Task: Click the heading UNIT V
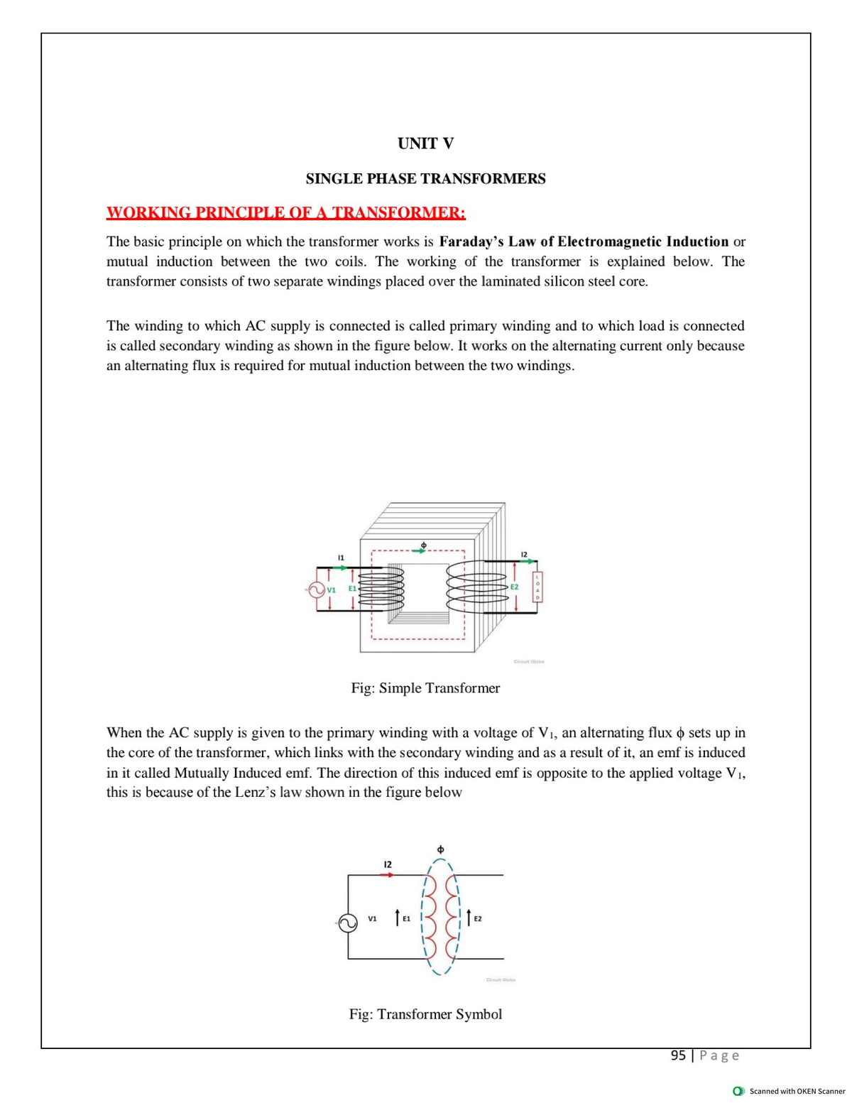(x=425, y=143)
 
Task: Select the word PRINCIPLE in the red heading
(x=241, y=212)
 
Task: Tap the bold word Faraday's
(x=471, y=241)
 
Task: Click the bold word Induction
(x=697, y=241)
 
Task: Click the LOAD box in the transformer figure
(x=537, y=587)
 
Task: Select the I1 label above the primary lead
(x=341, y=558)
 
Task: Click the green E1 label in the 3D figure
(x=351, y=589)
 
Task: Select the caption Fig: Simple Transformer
(x=425, y=688)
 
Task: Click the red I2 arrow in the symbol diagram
(x=387, y=875)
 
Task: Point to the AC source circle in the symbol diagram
(x=347, y=923)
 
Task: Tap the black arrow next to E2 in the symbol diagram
(x=469, y=918)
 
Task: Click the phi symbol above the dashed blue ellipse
(x=440, y=849)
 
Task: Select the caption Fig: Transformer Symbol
(x=425, y=1014)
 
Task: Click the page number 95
(x=678, y=1055)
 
